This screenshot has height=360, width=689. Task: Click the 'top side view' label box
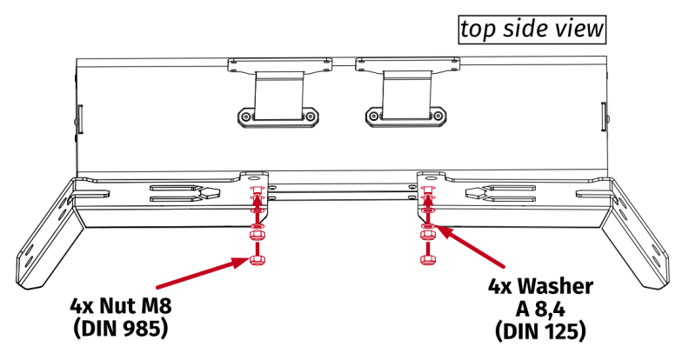coord(532,29)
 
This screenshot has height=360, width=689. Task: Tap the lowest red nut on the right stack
coord(427,258)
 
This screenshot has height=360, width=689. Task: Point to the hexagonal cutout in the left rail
coord(206,192)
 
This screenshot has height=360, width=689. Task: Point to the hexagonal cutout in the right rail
coord(477,192)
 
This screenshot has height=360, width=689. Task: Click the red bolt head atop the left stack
coord(254,190)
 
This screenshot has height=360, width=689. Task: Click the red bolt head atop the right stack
coord(427,190)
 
